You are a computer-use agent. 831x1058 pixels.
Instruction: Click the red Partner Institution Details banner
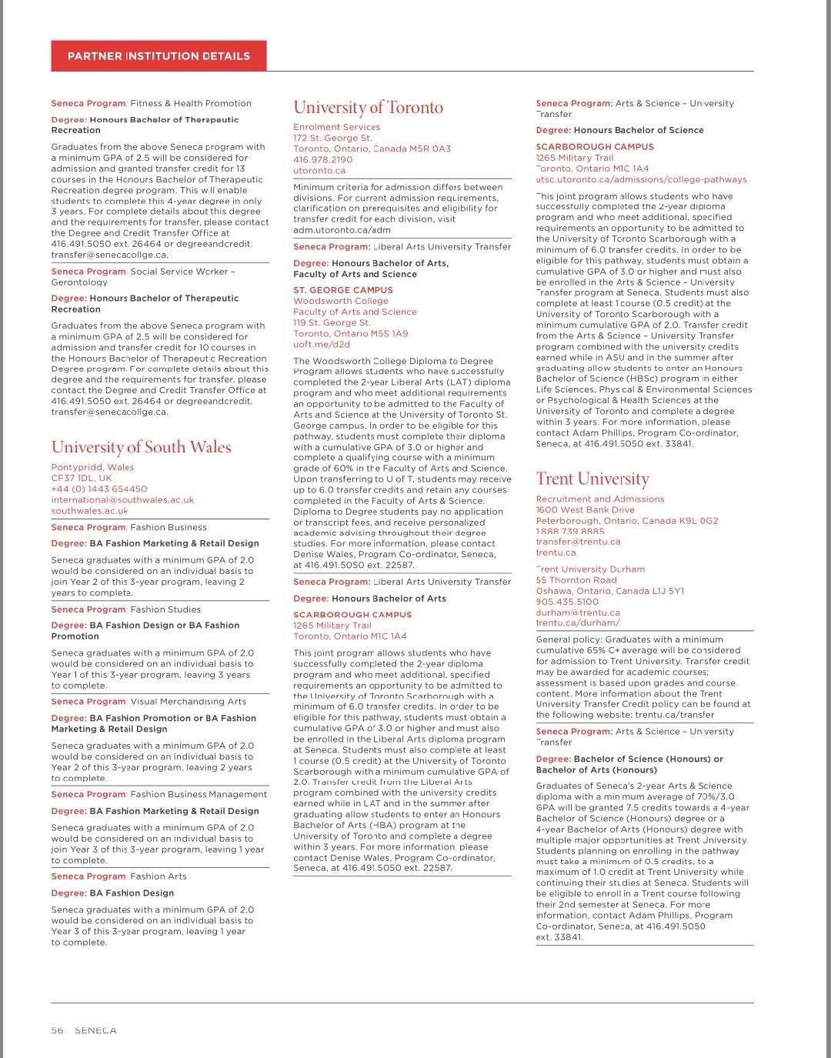(x=159, y=56)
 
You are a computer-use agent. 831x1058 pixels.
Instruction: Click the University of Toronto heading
(x=368, y=107)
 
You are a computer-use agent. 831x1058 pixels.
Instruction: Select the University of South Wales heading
(x=141, y=447)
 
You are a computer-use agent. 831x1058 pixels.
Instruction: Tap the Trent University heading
(x=592, y=479)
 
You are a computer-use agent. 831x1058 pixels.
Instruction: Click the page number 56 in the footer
(x=57, y=1030)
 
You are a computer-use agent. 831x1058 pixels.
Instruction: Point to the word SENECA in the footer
(x=95, y=1030)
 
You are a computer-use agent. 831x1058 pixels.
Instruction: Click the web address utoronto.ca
(x=319, y=171)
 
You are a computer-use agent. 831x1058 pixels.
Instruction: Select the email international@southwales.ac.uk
(x=122, y=500)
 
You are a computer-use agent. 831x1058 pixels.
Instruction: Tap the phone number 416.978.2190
(x=322, y=160)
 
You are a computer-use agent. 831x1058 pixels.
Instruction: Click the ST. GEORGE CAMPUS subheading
(x=342, y=290)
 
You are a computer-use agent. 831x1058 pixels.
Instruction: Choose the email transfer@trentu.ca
(x=578, y=542)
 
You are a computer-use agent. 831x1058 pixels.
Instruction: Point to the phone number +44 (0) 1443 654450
(x=98, y=489)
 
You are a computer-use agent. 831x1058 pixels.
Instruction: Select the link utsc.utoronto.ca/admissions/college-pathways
(x=641, y=179)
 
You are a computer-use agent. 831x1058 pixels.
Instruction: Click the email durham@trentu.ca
(x=578, y=612)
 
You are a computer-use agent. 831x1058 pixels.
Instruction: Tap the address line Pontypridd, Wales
(x=92, y=467)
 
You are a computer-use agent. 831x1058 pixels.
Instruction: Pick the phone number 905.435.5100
(x=567, y=602)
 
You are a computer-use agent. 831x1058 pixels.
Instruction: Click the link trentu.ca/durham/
(x=577, y=623)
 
